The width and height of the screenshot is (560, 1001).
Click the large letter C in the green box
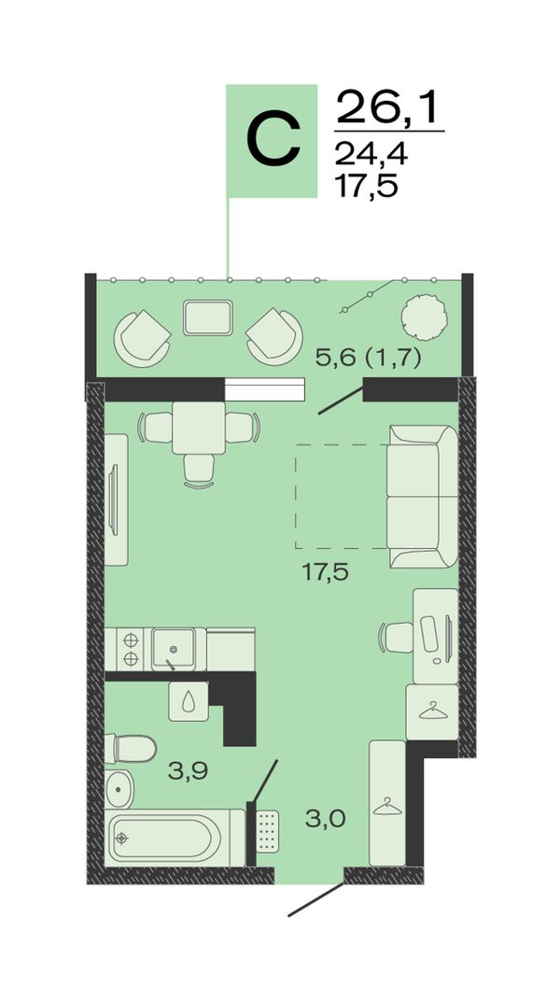click(273, 140)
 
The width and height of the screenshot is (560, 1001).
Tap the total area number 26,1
click(388, 106)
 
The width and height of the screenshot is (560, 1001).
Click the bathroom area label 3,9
click(189, 771)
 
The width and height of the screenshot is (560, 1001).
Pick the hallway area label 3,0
click(326, 818)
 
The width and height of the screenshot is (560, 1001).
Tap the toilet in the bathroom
click(130, 748)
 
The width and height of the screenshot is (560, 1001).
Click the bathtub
click(175, 839)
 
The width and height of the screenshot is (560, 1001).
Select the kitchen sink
click(174, 649)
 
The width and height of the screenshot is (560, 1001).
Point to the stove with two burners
click(130, 649)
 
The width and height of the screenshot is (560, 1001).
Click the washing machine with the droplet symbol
click(189, 701)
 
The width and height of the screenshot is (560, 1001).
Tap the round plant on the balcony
click(422, 316)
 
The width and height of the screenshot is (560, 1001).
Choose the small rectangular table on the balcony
click(207, 317)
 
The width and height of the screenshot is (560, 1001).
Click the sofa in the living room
click(422, 496)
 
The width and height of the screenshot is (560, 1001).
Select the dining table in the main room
click(199, 428)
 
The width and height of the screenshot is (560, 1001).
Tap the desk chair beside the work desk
click(397, 637)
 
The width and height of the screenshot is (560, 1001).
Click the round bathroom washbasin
click(119, 787)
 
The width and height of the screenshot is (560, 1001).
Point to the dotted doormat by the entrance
click(268, 832)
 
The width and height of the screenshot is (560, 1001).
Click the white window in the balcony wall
click(265, 389)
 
